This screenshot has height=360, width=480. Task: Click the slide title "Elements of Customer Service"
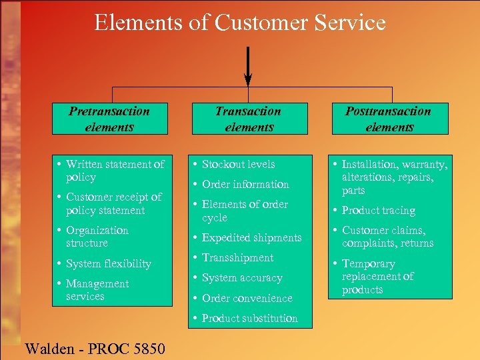coord(240,23)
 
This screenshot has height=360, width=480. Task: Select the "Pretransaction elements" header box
coord(110,119)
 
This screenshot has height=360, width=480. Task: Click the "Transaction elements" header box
coord(249,119)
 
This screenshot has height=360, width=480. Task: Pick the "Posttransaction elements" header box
coord(389,119)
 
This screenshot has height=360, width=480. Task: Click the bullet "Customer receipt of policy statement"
coord(113,203)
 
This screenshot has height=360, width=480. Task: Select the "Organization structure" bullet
coord(97,237)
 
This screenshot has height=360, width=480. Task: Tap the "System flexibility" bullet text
coord(109,263)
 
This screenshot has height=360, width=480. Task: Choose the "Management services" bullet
coord(97,290)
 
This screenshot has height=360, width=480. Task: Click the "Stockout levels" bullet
coord(238,164)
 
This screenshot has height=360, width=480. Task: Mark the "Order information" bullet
coord(245,184)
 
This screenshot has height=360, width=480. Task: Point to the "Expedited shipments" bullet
coord(251,238)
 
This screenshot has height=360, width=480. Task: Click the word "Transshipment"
coord(237,258)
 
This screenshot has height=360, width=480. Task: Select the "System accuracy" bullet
coord(242,278)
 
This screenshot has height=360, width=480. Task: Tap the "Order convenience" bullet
coord(247,298)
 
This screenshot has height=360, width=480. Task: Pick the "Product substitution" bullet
coord(249,318)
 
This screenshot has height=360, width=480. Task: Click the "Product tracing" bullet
coord(378,211)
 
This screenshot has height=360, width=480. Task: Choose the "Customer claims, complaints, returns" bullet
coord(387,237)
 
